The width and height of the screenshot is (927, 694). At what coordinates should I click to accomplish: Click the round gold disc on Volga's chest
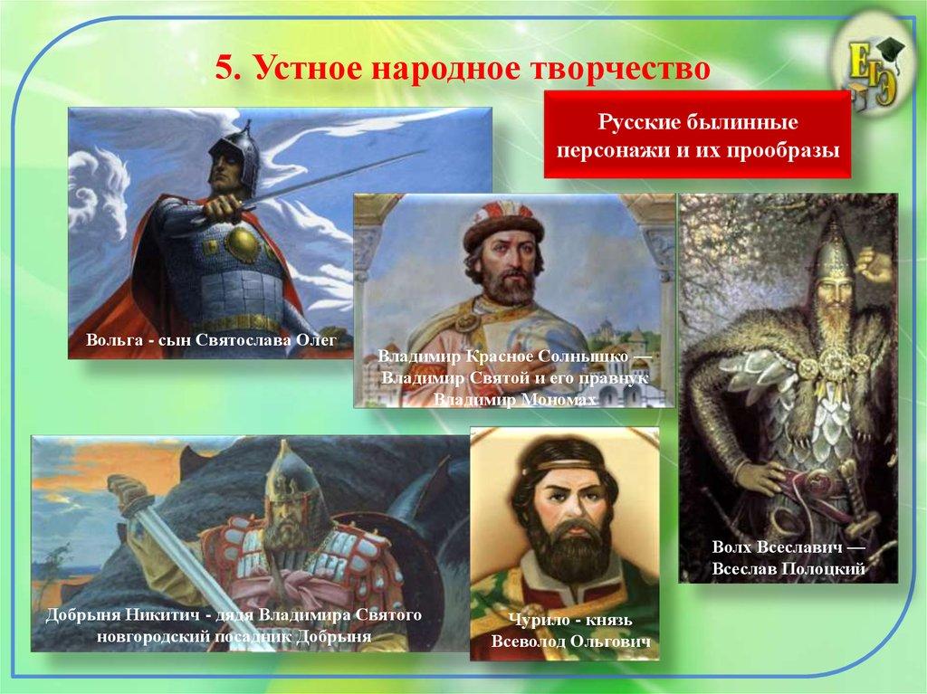(245, 243)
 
